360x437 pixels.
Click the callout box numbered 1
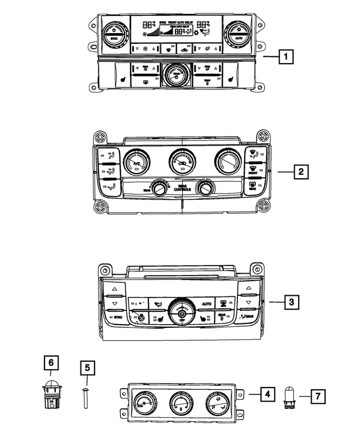coord(287,56)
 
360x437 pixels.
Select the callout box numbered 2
coord(301,172)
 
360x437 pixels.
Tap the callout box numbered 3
coord(291,303)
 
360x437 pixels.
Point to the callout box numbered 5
coord(87,369)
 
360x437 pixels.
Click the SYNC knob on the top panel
coord(114,31)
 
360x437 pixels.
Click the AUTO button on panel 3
coord(206,304)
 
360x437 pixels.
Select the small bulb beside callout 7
coord(291,397)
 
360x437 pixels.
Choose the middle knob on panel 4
coord(181,403)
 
